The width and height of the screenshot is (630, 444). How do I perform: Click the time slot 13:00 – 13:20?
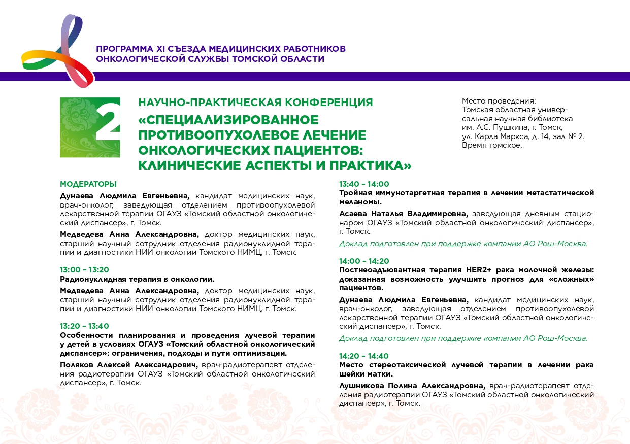click(x=84, y=270)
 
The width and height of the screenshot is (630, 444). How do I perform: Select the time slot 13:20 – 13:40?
click(x=84, y=326)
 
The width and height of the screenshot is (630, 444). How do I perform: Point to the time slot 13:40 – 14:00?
click(x=364, y=184)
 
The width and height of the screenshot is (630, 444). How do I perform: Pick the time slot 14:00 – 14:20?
click(x=364, y=261)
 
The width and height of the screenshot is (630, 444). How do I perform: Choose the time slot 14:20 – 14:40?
click(x=364, y=356)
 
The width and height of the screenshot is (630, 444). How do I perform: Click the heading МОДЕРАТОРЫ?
click(x=88, y=184)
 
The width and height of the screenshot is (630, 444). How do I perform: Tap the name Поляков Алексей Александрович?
click(x=129, y=365)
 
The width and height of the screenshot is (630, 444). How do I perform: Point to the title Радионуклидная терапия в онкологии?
click(x=137, y=279)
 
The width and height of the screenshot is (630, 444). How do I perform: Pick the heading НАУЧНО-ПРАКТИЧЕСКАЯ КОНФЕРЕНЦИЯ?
click(x=255, y=103)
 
